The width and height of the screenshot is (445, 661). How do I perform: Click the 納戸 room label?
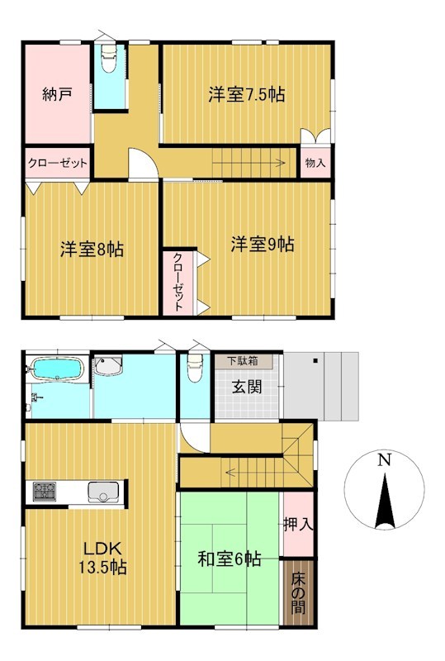click(56, 94)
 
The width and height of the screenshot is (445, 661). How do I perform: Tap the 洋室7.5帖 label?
click(247, 94)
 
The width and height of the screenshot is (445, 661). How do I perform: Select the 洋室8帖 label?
click(92, 250)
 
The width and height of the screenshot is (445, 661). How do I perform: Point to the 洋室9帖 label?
click(263, 244)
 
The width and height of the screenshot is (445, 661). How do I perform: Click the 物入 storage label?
click(315, 163)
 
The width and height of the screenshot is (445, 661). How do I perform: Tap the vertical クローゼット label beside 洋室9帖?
click(178, 281)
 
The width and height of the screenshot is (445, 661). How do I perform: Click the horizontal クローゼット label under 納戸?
click(57, 163)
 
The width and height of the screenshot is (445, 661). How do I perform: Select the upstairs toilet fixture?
click(109, 59)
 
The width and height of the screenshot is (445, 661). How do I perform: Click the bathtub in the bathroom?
click(57, 369)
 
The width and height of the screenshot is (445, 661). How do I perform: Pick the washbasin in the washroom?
click(108, 364)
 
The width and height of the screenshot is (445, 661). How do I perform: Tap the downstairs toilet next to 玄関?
click(195, 368)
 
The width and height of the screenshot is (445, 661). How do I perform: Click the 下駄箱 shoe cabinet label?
click(244, 361)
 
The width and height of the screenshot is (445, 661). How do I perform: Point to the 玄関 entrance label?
click(247, 387)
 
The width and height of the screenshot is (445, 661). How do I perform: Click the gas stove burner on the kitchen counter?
click(45, 492)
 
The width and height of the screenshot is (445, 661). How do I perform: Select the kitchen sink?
click(103, 492)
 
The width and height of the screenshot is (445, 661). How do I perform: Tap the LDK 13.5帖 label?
click(103, 558)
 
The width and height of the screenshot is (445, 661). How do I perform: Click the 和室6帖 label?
click(230, 559)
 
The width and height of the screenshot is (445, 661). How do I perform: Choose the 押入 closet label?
click(298, 524)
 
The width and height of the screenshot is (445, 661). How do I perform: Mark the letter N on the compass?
click(383, 459)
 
